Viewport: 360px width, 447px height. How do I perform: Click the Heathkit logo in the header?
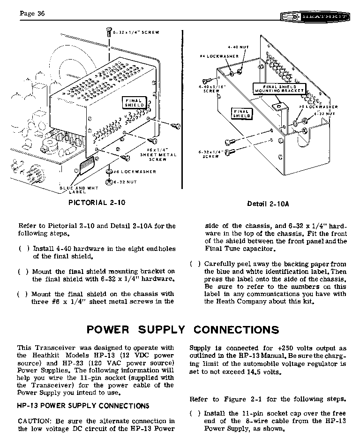tap(315, 17)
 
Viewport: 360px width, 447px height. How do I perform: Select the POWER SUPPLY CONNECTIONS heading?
tap(183, 329)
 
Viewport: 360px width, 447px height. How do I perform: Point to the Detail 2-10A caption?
tap(268, 204)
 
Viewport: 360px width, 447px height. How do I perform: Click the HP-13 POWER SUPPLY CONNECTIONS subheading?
tap(83, 406)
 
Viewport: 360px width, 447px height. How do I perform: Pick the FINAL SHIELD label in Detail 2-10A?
tap(241, 113)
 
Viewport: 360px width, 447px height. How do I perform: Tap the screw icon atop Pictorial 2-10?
tap(109, 32)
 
